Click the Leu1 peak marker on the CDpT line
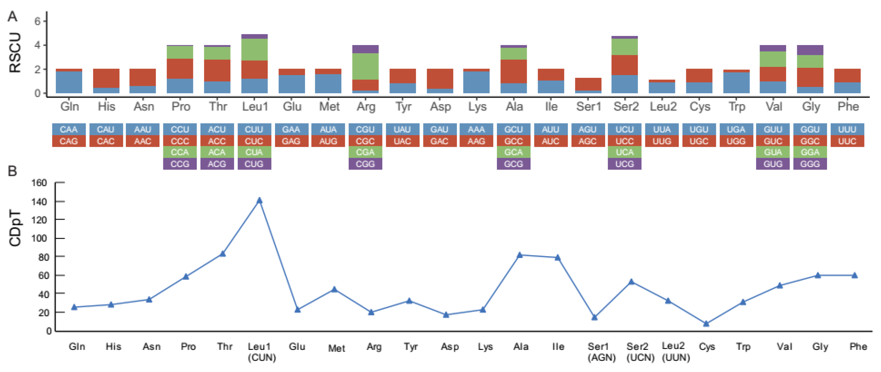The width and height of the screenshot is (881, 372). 259,201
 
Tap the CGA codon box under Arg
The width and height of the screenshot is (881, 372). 365,152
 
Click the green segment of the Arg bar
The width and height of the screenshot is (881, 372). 365,66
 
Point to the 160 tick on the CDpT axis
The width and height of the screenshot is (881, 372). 39,183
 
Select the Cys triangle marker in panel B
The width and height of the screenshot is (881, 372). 706,323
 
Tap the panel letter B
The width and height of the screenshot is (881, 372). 12,171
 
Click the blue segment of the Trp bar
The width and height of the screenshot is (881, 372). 736,83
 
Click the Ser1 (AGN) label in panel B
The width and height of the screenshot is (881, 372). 601,352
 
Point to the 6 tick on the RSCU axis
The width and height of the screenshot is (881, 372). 37,21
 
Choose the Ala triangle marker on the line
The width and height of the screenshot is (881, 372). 520,255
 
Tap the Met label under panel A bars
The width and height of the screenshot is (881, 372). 329,107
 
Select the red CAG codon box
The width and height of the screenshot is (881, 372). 68,141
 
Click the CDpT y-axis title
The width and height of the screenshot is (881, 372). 15,228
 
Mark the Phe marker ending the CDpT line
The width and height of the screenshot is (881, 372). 854,275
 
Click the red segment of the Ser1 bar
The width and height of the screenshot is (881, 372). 588,84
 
